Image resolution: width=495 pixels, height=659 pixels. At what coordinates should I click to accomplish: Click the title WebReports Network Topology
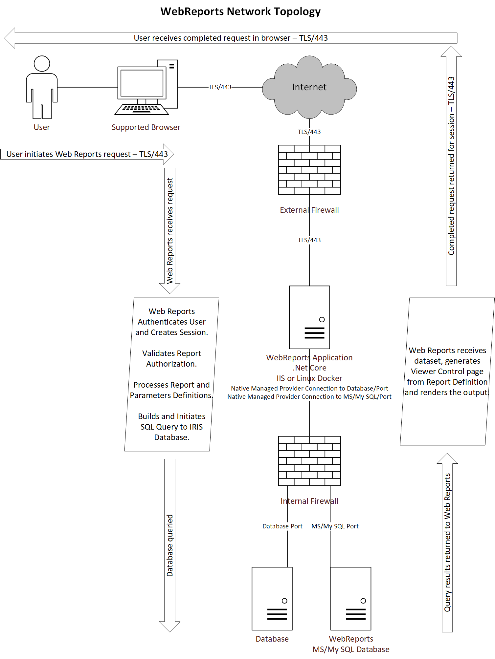click(x=240, y=11)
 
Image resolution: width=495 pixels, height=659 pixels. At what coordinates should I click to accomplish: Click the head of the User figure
click(x=42, y=63)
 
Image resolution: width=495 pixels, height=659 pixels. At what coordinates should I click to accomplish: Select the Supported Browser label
click(x=146, y=127)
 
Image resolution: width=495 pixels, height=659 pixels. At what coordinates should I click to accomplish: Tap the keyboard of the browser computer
click(x=142, y=109)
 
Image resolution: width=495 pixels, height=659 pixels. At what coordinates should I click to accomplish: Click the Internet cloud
click(x=309, y=87)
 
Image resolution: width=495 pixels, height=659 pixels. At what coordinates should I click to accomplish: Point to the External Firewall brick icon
click(x=309, y=170)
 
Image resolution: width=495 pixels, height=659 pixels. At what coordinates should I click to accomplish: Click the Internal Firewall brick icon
click(x=309, y=461)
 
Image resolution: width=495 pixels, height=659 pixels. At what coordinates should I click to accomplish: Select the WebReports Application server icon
click(x=309, y=317)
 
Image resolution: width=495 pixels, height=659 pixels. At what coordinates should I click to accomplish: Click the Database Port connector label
click(x=282, y=526)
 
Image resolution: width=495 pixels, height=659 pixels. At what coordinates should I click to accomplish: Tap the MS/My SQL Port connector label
click(x=335, y=526)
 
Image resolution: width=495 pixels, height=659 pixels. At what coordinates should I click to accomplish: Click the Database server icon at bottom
click(x=272, y=599)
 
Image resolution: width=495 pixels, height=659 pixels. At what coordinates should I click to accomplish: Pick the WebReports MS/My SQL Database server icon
click(x=351, y=599)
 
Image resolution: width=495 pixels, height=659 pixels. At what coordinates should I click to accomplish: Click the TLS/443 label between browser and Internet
click(x=220, y=87)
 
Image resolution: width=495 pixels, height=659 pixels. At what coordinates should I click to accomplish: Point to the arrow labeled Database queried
click(x=170, y=545)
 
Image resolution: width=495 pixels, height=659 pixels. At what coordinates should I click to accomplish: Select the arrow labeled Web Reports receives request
click(x=170, y=231)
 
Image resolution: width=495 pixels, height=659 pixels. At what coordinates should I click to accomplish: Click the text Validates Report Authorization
click(x=172, y=359)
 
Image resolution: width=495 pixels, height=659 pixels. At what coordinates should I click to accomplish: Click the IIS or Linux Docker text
click(x=309, y=378)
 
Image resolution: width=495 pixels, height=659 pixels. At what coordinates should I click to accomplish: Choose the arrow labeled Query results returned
click(x=447, y=542)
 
